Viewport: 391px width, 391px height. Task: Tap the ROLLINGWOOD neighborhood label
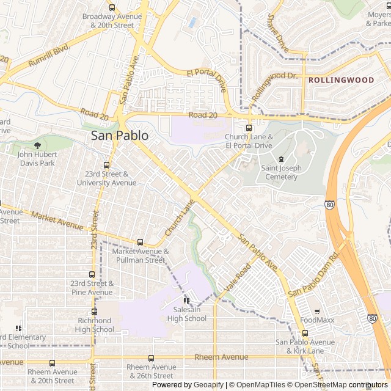(340, 80)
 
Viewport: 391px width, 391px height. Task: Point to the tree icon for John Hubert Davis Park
(38, 145)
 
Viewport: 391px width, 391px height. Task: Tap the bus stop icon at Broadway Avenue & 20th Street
(112, 8)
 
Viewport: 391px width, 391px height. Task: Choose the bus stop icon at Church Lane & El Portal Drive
(249, 128)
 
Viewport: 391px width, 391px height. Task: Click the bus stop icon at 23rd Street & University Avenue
(107, 165)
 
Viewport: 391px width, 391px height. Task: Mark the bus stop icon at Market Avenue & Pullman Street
(140, 243)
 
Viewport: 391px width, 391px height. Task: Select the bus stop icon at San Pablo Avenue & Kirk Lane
(305, 334)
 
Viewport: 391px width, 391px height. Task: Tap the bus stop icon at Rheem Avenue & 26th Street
(151, 358)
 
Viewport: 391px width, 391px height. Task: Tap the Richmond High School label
(95, 324)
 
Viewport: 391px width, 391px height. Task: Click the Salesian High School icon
(186, 301)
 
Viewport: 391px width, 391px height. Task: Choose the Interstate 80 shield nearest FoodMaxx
(372, 319)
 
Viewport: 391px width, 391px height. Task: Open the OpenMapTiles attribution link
(257, 385)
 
